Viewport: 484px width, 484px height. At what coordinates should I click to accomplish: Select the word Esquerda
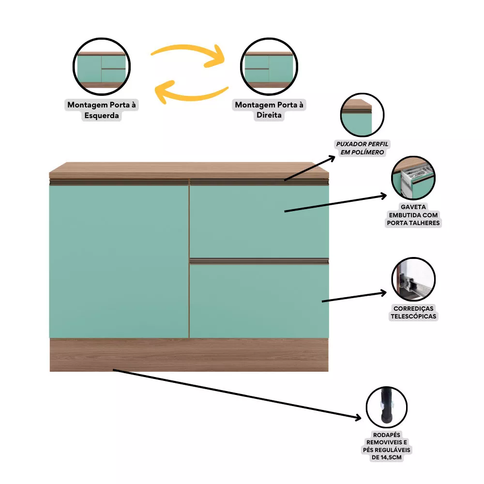(102, 116)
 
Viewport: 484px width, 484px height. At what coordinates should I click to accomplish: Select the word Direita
(269, 115)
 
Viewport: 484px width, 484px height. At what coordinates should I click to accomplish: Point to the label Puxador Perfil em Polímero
(362, 148)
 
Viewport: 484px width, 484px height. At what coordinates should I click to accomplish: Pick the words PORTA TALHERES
(413, 223)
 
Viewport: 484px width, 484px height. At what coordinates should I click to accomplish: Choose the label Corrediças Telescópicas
(413, 312)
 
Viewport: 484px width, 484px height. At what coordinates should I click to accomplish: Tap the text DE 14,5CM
(386, 457)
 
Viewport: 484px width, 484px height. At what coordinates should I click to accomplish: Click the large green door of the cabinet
(119, 261)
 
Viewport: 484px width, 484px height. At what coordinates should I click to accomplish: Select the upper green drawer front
(259, 221)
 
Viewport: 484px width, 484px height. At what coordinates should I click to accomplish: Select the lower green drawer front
(259, 301)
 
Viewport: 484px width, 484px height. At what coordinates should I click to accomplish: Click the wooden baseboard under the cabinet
(189, 355)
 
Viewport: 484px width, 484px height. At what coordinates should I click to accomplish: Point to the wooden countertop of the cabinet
(189, 170)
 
